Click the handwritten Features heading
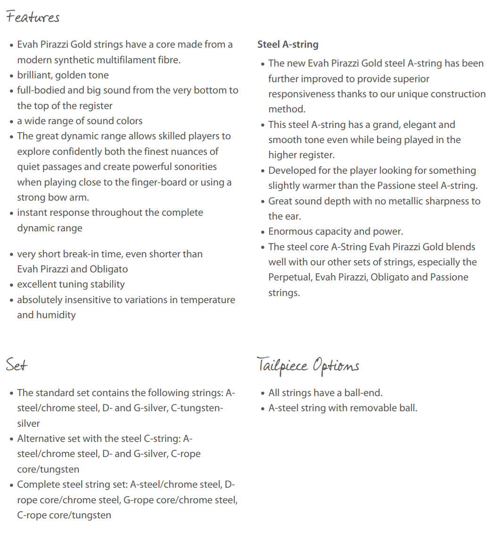tap(33, 17)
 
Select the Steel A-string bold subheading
tap(288, 44)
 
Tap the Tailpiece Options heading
tap(308, 366)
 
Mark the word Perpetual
tap(289, 277)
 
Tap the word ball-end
tap(364, 393)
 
